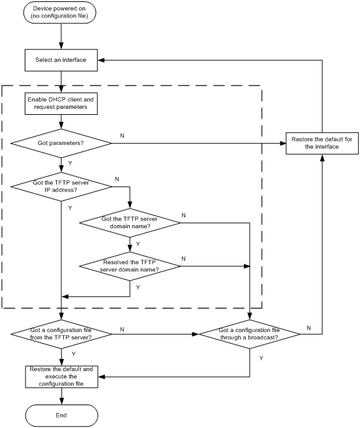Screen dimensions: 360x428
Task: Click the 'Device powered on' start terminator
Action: click(x=60, y=12)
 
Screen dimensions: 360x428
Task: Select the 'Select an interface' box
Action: click(x=61, y=60)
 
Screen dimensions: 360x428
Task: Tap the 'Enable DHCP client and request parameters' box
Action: click(x=61, y=104)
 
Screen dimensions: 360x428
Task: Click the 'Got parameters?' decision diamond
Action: click(x=61, y=143)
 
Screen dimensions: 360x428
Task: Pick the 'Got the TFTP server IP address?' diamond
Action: click(x=61, y=187)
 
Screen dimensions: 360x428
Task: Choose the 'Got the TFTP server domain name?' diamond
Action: click(x=130, y=222)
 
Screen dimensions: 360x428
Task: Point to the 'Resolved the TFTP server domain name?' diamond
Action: click(x=130, y=266)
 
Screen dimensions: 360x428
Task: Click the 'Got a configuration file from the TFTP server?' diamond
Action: click(x=61, y=334)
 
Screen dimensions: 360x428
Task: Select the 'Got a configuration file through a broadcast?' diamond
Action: click(x=250, y=334)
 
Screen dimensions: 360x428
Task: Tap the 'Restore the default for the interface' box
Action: click(x=322, y=144)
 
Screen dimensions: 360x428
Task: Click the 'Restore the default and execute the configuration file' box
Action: click(x=62, y=376)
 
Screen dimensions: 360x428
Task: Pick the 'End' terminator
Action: click(x=62, y=416)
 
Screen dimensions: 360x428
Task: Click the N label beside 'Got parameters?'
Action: click(x=122, y=136)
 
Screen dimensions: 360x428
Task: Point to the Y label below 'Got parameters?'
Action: click(x=70, y=163)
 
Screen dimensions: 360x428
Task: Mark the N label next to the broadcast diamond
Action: click(x=308, y=328)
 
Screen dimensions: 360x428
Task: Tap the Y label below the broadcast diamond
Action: click(x=262, y=358)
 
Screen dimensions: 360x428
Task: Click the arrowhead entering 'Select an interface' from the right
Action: click(x=101, y=60)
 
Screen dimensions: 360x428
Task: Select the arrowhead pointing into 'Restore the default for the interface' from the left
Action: click(x=283, y=143)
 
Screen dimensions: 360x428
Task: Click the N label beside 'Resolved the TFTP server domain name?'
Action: click(x=183, y=258)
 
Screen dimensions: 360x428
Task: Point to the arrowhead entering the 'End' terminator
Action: click(x=62, y=401)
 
